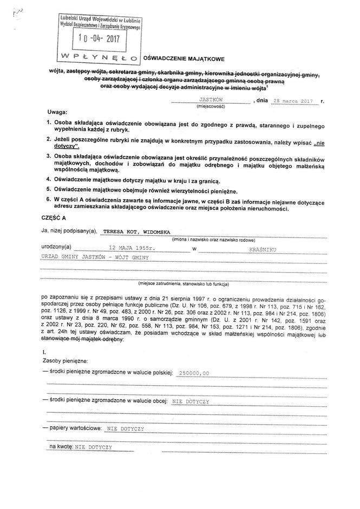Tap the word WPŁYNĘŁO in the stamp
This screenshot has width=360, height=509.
point(100,56)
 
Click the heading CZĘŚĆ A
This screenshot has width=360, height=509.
point(54,217)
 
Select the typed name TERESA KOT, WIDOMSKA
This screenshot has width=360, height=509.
point(130,232)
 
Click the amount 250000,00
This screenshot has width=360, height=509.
point(193,373)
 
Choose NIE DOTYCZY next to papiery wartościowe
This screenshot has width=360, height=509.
point(125,428)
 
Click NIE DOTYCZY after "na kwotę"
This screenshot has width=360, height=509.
point(94,447)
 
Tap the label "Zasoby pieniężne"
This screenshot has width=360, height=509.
point(64,360)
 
